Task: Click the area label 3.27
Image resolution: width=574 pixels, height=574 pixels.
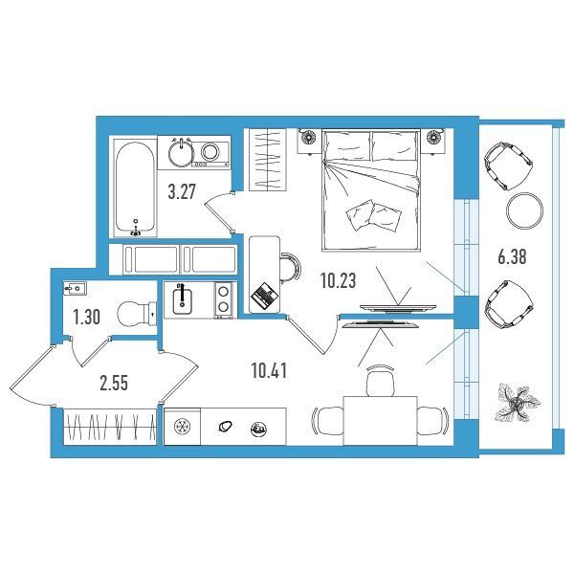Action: point(182,192)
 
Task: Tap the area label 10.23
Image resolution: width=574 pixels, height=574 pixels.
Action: point(339,281)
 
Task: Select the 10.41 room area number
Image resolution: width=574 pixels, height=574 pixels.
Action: point(269,371)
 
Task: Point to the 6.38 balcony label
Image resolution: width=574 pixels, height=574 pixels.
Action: point(512,256)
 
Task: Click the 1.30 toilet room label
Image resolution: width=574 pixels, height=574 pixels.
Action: point(87,317)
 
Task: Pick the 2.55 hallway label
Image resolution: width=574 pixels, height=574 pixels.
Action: point(114,384)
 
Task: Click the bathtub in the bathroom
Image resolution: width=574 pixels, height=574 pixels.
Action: point(134,188)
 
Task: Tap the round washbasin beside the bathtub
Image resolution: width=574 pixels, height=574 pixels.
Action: point(181,153)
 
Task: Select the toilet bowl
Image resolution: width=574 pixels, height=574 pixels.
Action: point(137,313)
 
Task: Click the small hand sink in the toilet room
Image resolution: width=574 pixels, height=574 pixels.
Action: point(75,289)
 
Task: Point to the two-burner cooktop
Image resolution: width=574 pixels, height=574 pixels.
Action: point(223,299)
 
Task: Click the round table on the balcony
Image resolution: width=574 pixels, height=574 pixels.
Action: point(524,210)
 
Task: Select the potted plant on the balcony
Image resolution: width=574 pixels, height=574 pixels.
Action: point(517,403)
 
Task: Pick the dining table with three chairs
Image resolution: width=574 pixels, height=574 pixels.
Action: point(380,421)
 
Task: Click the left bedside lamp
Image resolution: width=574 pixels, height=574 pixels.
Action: point(309,138)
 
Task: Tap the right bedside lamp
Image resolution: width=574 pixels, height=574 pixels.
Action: point(434,138)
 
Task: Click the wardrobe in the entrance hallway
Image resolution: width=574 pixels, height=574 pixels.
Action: point(110,427)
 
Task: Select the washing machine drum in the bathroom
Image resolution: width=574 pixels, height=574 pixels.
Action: point(210,151)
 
